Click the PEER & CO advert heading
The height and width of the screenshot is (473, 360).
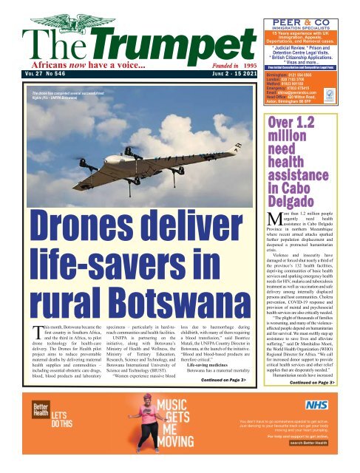(309, 7)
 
